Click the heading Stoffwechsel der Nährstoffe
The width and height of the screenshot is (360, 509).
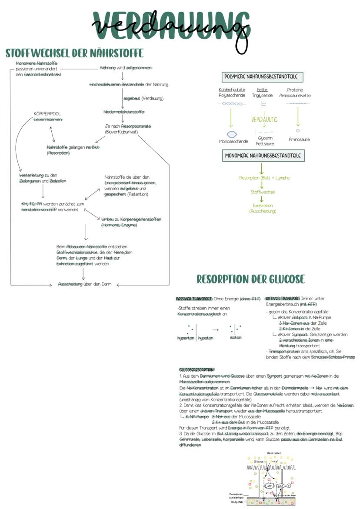point(74,53)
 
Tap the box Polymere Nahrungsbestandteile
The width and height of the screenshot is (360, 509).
point(262,77)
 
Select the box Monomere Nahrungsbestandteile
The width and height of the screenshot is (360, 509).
point(264,155)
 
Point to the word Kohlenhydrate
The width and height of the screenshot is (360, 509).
point(232,90)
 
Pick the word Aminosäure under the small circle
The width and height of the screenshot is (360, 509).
point(299,140)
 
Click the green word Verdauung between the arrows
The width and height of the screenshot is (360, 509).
point(264,120)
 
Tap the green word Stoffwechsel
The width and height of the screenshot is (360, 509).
point(263,192)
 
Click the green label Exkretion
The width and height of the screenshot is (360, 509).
point(262,205)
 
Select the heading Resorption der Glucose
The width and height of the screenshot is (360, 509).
point(250,279)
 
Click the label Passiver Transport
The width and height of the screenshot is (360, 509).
point(194,299)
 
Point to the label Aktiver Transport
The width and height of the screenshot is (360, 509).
point(283,299)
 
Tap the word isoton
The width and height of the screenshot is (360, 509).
point(236,337)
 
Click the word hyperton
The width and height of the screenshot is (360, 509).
point(186,338)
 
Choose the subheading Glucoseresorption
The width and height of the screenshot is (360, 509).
point(196,369)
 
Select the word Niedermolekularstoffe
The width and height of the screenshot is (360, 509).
point(124,112)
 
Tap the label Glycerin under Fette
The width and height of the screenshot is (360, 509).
point(265,138)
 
